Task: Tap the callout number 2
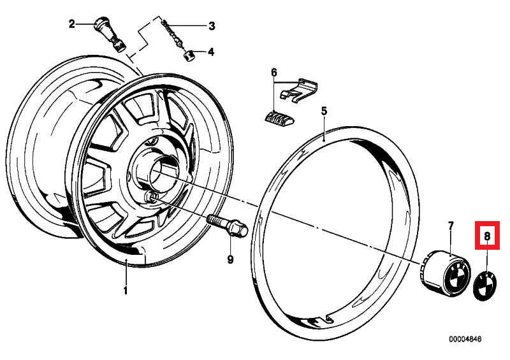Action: click(x=72, y=24)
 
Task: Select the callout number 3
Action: click(x=212, y=26)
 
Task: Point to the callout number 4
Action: click(x=211, y=52)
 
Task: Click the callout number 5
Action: click(x=324, y=111)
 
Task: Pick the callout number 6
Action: click(x=275, y=72)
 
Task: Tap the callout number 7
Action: click(x=450, y=226)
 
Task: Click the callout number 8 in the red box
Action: click(x=486, y=236)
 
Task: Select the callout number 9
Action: click(x=231, y=259)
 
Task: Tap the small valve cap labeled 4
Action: click(x=189, y=55)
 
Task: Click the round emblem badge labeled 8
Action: click(x=488, y=284)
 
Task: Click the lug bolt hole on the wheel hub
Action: click(x=152, y=198)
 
